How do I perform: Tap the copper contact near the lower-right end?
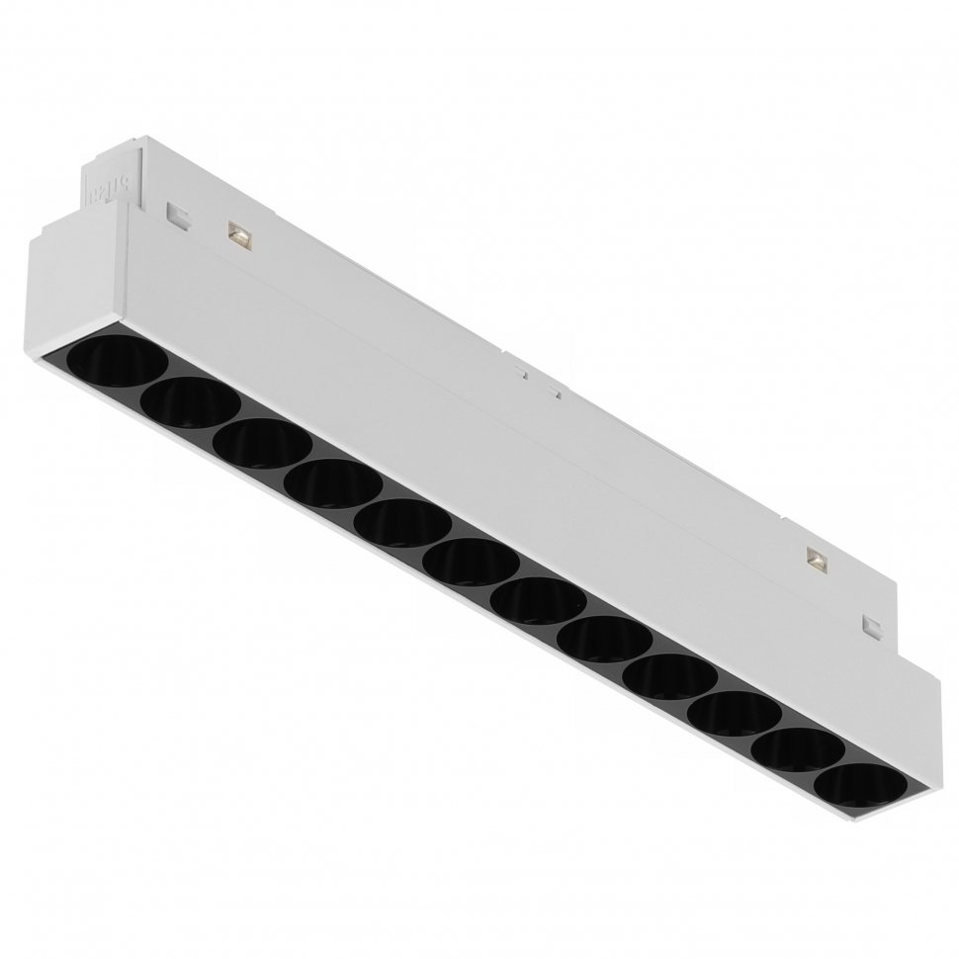click(x=817, y=560)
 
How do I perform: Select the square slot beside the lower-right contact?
click(x=873, y=624)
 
